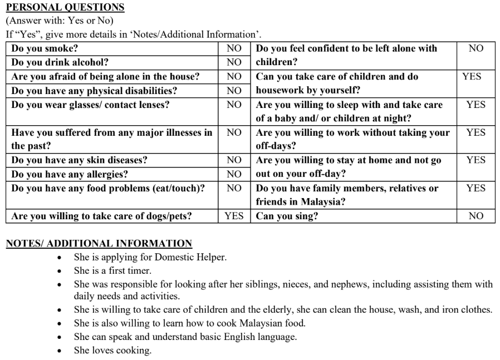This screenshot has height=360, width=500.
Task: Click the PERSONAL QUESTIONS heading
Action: (65, 7)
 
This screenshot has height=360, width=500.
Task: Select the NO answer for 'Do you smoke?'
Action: (234, 49)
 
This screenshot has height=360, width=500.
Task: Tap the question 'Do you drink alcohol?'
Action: (60, 63)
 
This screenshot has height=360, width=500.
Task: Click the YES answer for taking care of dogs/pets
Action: (234, 216)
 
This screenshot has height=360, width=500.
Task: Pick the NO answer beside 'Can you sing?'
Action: (476, 216)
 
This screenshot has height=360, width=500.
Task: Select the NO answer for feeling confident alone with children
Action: (476, 49)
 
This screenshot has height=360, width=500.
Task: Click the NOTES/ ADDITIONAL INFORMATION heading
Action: (99, 243)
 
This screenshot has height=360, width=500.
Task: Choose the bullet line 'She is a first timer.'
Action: (112, 271)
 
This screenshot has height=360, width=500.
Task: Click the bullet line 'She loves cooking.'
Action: (112, 351)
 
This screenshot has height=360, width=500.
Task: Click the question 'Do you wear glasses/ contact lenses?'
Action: (90, 105)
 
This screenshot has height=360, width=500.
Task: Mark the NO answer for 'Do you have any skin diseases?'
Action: (234, 160)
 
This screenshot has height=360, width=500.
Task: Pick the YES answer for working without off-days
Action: (476, 132)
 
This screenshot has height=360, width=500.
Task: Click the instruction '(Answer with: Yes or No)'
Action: (60, 21)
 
